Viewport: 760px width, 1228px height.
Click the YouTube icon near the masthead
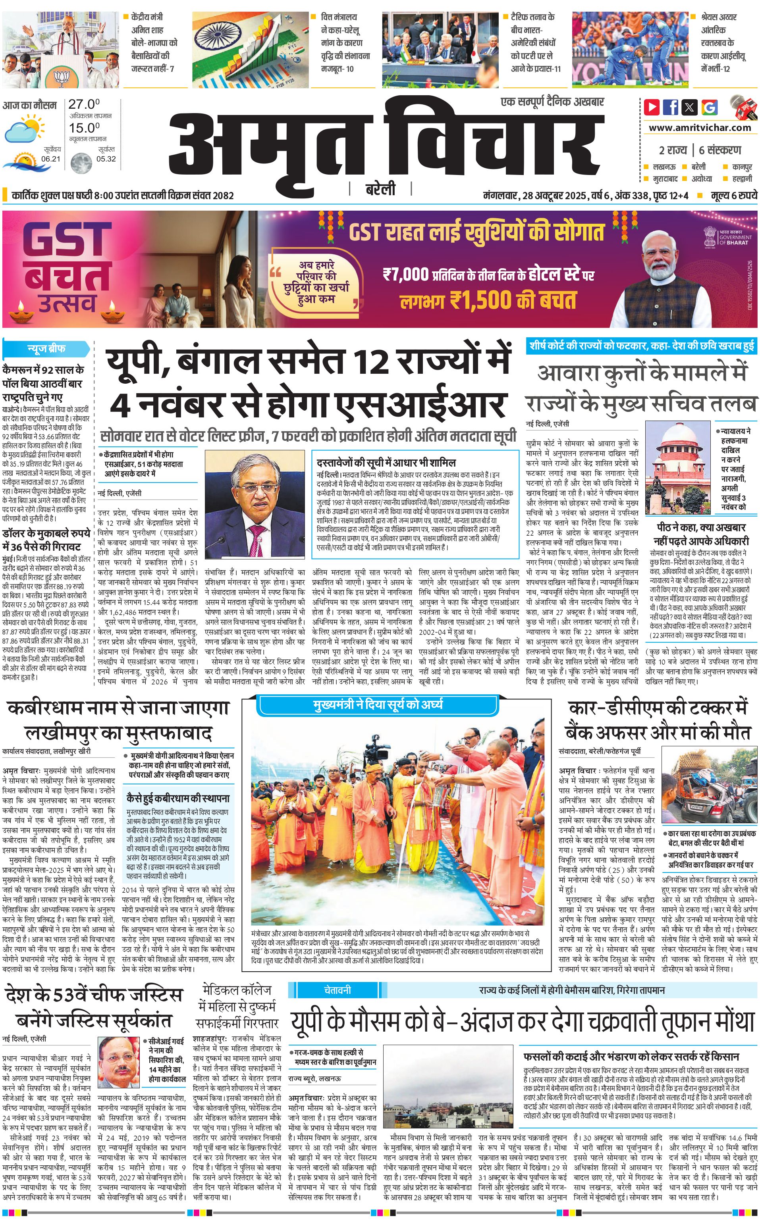pyautogui.click(x=652, y=107)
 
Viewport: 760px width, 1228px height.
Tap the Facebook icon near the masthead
pyautogui.click(x=671, y=107)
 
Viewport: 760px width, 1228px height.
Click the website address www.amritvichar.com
pyautogui.click(x=700, y=128)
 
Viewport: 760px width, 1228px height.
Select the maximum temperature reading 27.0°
pyautogui.click(x=84, y=104)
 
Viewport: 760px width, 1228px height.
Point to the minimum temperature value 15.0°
pyautogui.click(x=84, y=128)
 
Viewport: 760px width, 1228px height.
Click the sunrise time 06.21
pyautogui.click(x=51, y=159)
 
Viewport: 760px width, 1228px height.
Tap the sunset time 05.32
pyautogui.click(x=106, y=159)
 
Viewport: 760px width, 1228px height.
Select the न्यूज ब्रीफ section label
pyautogui.click(x=46, y=348)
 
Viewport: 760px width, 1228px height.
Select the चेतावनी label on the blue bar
pyautogui.click(x=337, y=990)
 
